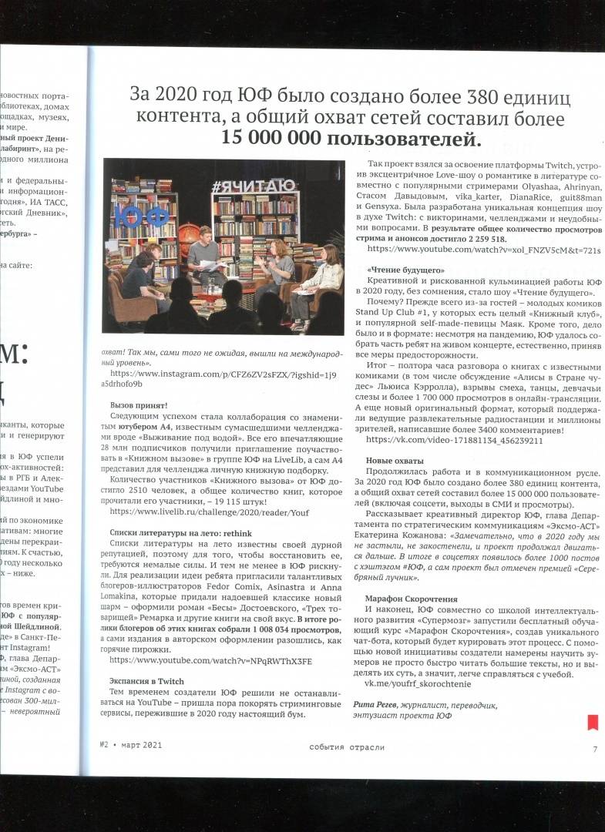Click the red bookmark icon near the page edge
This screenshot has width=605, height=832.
coord(593,722)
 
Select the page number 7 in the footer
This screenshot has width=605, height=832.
coord(594,747)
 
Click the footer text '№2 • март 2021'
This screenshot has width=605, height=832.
coord(130,746)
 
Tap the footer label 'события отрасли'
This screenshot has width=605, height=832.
coord(347,747)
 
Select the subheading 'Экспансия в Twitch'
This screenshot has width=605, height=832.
coord(146,681)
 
